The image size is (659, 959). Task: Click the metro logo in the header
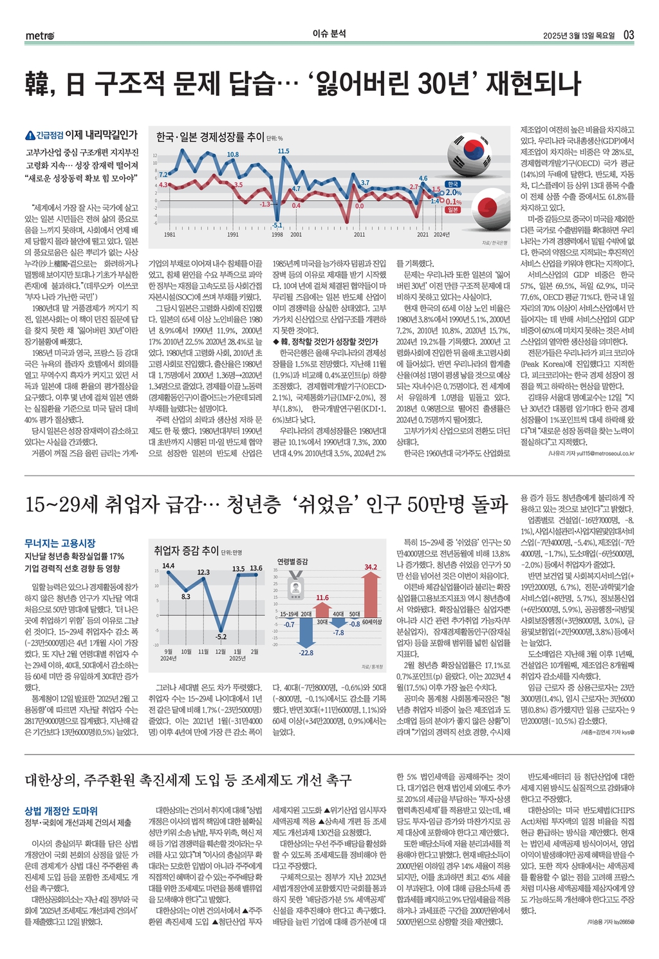(40, 35)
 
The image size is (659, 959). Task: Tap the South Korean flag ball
(471, 151)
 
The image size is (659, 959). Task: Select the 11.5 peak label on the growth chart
(283, 151)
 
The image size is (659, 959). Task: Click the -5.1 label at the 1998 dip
(277, 225)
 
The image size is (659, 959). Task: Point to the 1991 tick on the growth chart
(233, 235)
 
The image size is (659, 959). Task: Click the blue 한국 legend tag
(452, 184)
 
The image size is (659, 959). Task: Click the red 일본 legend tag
(452, 209)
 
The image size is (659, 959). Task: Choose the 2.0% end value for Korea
(454, 192)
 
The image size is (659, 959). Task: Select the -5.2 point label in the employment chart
(221, 637)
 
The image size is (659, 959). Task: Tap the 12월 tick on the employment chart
(220, 651)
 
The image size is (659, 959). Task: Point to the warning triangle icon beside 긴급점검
(29, 135)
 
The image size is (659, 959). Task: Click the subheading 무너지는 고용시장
(60, 543)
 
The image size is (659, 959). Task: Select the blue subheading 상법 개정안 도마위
(61, 811)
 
